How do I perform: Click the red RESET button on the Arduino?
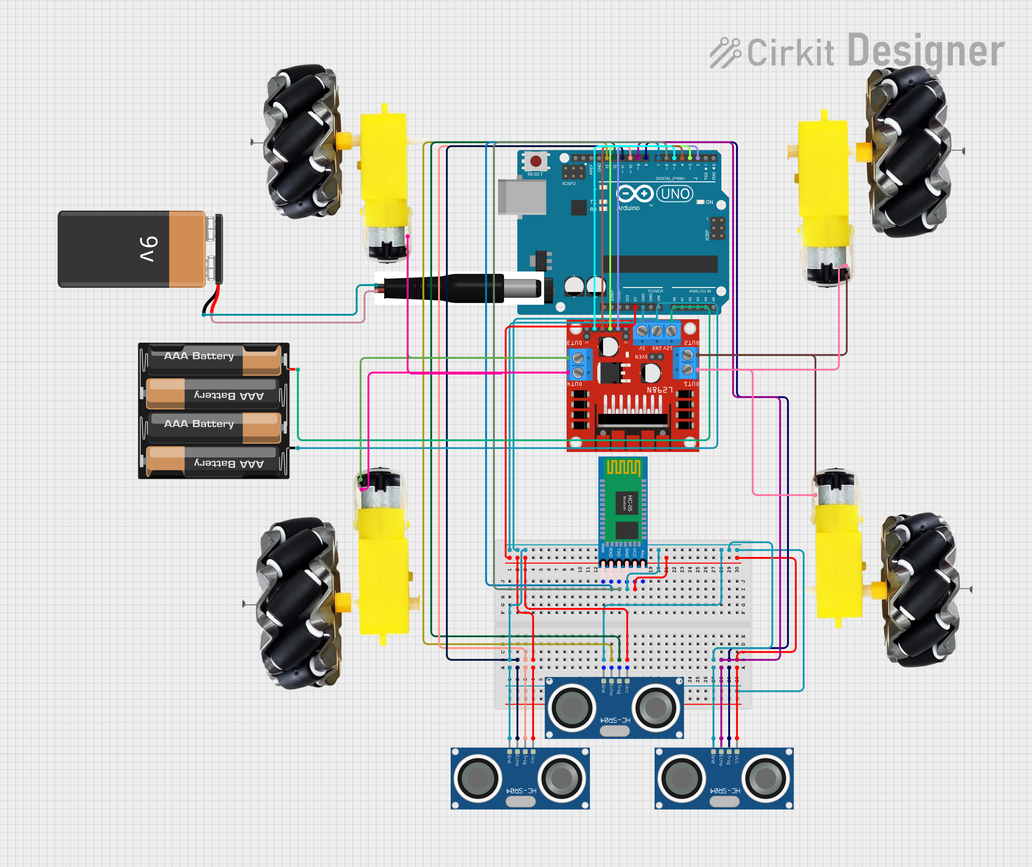536,161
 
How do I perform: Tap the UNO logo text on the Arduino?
675,194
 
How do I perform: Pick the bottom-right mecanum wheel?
918,590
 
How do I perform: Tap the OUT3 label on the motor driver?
574,343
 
